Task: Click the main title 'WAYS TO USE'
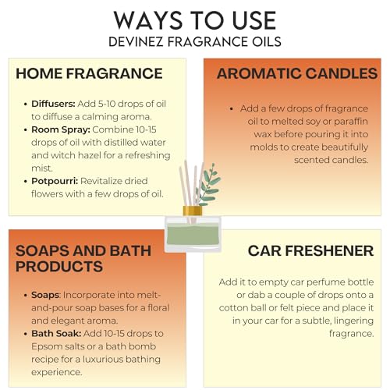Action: (x=195, y=19)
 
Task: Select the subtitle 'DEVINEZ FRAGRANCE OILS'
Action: (x=195, y=40)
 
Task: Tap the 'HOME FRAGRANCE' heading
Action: (x=89, y=74)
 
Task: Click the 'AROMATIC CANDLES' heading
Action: (x=297, y=74)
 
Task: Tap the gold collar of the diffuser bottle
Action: (x=193, y=211)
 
